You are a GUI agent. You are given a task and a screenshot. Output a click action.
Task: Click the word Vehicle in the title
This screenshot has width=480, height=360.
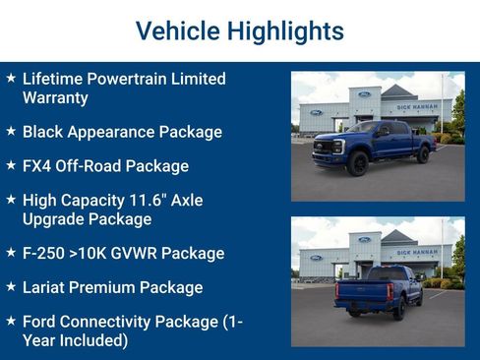click(x=176, y=31)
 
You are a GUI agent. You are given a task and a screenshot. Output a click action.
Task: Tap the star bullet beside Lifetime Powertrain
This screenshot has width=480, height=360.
click(x=10, y=77)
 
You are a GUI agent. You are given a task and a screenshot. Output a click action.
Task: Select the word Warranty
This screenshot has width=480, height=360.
click(x=55, y=97)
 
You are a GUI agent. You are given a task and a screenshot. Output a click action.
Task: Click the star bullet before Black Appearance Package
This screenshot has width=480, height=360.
click(x=10, y=130)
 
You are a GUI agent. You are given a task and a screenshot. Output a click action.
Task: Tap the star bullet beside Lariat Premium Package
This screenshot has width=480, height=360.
click(x=10, y=286)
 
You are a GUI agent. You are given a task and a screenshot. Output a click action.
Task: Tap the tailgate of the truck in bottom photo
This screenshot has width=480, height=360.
click(x=363, y=293)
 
